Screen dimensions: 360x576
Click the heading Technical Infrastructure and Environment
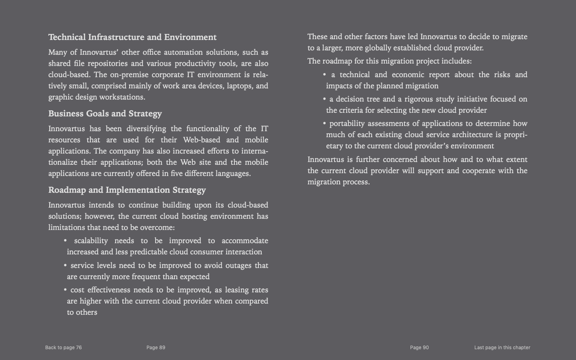(x=132, y=37)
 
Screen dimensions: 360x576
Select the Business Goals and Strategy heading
(x=105, y=114)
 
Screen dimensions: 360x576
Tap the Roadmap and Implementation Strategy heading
(x=127, y=190)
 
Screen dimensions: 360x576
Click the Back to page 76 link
(x=63, y=348)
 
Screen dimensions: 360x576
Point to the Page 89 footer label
(x=156, y=348)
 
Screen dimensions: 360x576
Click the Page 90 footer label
(x=419, y=348)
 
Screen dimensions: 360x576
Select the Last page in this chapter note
(x=502, y=348)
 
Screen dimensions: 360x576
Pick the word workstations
(x=122, y=97)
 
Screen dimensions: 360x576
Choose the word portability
(x=347, y=124)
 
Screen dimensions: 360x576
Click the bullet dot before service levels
(x=65, y=266)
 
